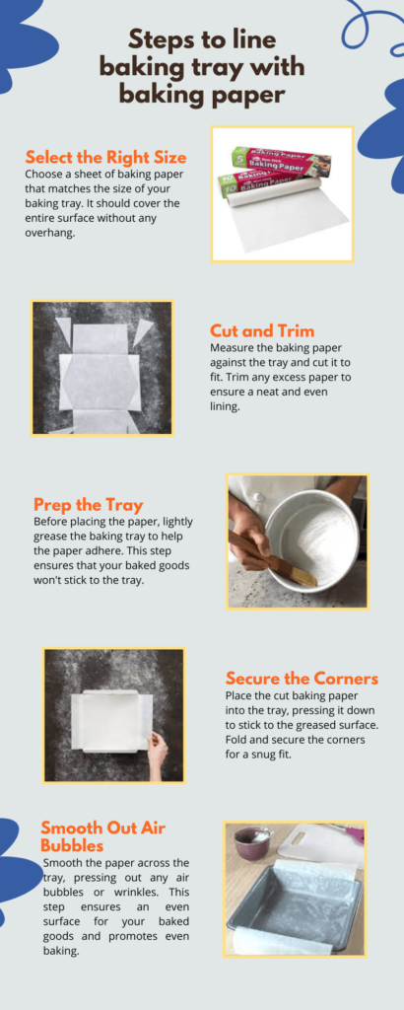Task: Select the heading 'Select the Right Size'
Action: coord(105,157)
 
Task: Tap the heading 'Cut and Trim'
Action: coord(262,330)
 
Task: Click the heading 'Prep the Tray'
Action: coord(88,504)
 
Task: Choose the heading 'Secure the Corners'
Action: coord(302,678)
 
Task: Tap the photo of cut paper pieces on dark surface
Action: coord(102,367)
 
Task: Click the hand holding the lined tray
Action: coord(157,753)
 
